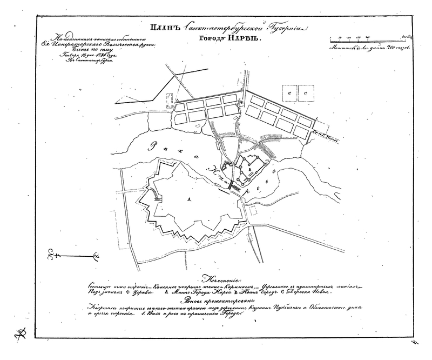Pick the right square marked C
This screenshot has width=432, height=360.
click(x=307, y=94)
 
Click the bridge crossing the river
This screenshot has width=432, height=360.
click(x=233, y=185)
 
